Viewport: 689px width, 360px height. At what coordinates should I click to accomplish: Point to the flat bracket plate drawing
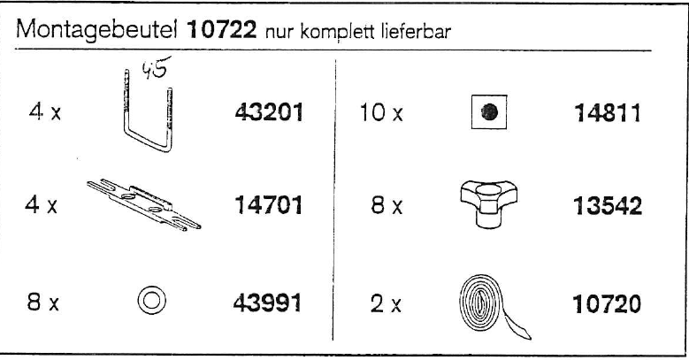pyautogui.click(x=143, y=206)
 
